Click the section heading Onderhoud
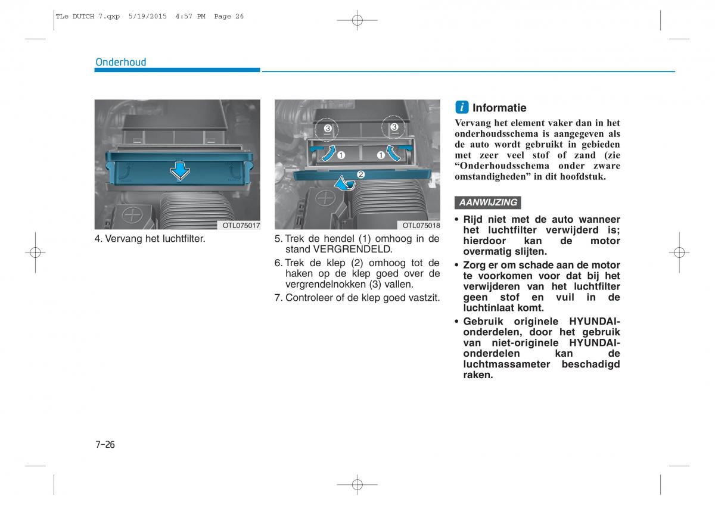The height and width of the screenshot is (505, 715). point(121,62)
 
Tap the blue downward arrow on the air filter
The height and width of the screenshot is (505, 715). point(179,172)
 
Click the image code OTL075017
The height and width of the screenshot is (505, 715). point(241,226)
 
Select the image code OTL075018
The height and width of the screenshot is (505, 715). point(421,226)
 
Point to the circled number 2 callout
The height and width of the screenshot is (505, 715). point(360,174)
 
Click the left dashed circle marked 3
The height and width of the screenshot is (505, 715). point(327,129)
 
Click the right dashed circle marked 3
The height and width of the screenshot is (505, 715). point(393,127)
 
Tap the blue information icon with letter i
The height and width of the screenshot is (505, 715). point(462,107)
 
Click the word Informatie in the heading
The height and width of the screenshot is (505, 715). point(499,108)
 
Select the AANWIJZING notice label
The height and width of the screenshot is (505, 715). point(488,202)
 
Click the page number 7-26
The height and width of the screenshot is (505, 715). point(104,444)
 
